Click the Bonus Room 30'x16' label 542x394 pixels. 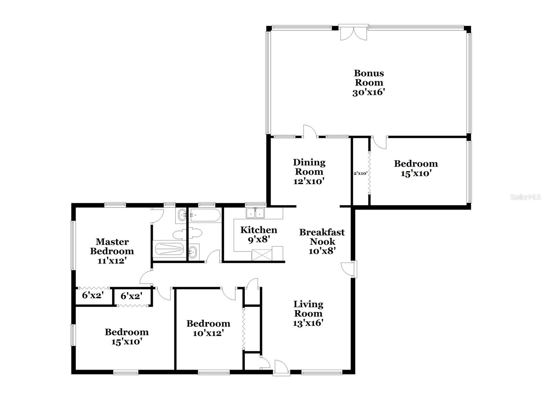click(369, 83)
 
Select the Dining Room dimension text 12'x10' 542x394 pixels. click(309, 181)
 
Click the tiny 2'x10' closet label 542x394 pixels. click(360, 173)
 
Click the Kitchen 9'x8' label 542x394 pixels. click(259, 234)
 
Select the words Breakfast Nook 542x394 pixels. click(322, 237)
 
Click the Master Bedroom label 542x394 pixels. click(112, 247)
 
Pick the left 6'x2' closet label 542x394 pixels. click(92, 295)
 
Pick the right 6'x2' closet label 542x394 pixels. click(131, 296)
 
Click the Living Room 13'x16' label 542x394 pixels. click(308, 313)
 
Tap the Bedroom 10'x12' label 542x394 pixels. click(208, 328)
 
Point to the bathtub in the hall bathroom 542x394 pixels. click(205, 215)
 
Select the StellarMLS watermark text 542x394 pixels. click(525, 197)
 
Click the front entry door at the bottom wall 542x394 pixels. click(282, 368)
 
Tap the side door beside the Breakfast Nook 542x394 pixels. click(348, 269)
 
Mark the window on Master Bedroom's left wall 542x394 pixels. click(73, 246)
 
